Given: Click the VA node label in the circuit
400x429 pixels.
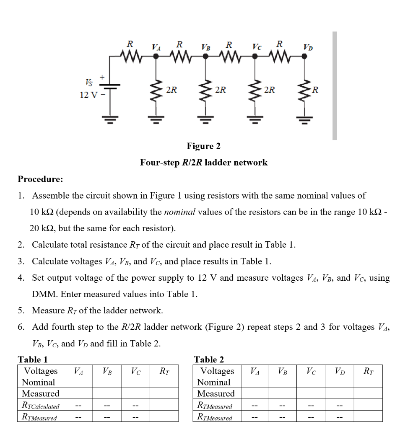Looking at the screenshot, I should point(156,47).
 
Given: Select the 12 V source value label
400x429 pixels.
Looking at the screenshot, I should point(89,95).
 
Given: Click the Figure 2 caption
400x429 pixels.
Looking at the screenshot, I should point(203,146).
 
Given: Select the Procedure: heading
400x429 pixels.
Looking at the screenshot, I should point(40,179).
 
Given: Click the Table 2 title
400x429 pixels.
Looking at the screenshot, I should point(209,359).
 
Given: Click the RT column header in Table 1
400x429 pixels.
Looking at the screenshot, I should point(164,371).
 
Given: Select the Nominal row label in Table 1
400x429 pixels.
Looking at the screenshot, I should point(38,382).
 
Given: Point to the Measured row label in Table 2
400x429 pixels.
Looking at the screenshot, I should point(216,393).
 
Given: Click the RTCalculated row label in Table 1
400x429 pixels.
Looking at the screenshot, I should point(40,406).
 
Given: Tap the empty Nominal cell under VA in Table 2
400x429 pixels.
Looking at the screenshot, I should point(254,382).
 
